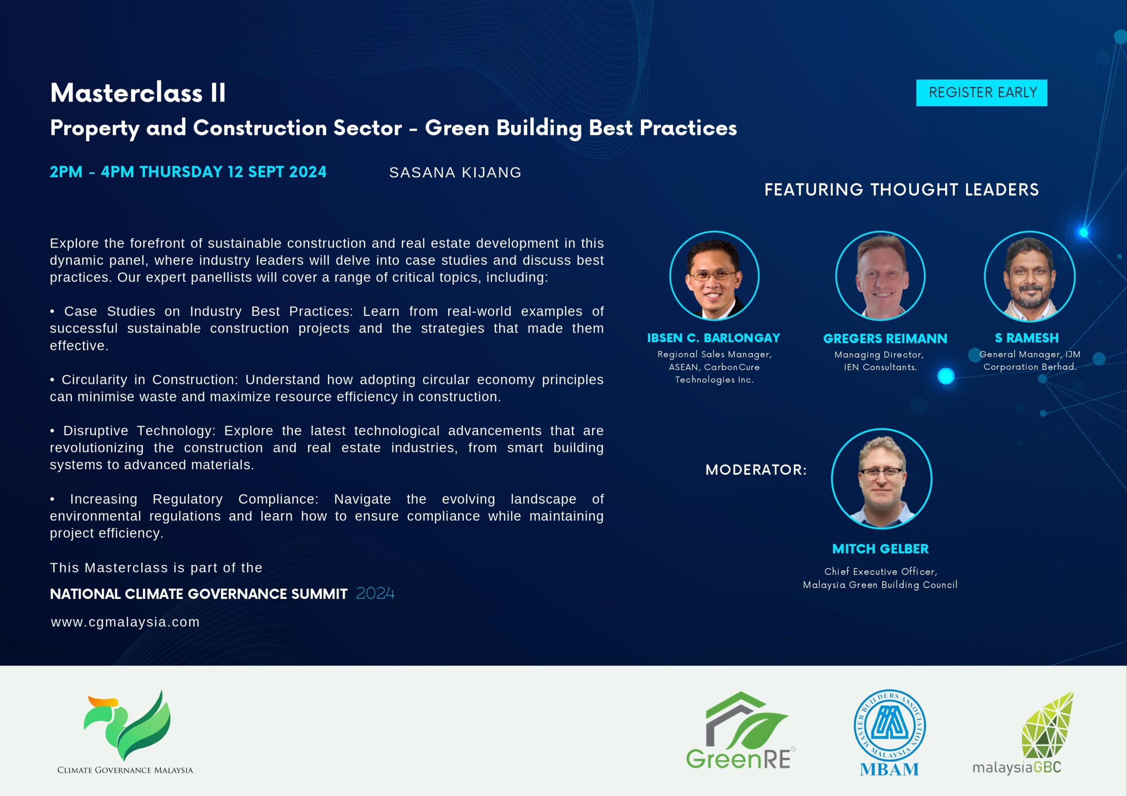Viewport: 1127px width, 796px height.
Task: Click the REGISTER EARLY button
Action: click(x=981, y=93)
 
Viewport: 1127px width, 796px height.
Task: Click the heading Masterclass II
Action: click(x=138, y=93)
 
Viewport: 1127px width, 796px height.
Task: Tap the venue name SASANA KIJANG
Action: click(x=455, y=173)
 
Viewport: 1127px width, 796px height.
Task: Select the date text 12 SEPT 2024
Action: click(x=277, y=172)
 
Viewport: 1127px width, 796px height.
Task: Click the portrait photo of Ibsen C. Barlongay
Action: click(x=714, y=276)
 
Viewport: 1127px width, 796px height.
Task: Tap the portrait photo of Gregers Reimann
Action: click(x=880, y=276)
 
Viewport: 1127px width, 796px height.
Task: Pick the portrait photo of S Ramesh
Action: click(x=1029, y=276)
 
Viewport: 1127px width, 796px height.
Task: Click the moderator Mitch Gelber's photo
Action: click(x=882, y=478)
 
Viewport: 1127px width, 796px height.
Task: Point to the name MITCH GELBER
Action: click(x=880, y=549)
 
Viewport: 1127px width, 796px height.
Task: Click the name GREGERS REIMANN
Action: click(x=885, y=339)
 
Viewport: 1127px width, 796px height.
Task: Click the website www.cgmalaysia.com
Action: click(x=125, y=622)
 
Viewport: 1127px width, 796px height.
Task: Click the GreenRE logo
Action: click(x=741, y=730)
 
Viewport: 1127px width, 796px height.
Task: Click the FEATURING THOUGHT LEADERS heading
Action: click(x=902, y=190)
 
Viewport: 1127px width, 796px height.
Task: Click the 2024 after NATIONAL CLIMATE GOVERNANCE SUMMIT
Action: click(x=375, y=593)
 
